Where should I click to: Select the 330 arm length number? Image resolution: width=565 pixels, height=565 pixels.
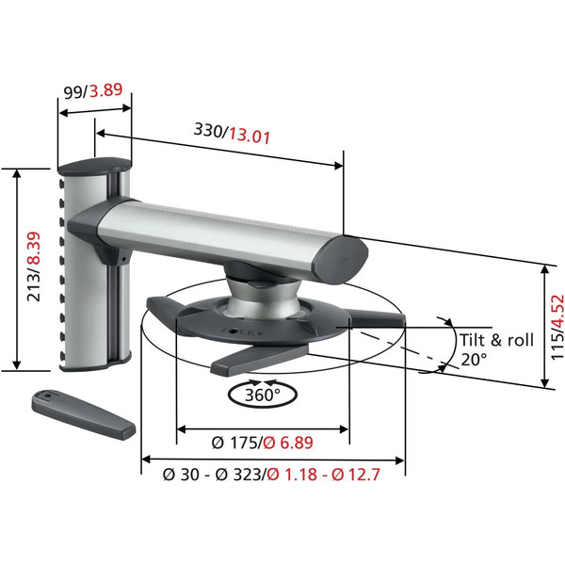[208, 133]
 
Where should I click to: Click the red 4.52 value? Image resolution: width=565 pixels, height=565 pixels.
[557, 312]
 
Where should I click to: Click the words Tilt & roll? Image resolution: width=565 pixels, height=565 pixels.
[496, 340]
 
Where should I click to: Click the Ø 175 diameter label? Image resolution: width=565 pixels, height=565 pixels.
[231, 440]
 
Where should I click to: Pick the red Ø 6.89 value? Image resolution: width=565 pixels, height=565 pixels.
[290, 440]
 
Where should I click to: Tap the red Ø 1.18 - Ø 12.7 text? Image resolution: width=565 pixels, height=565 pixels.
[325, 476]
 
